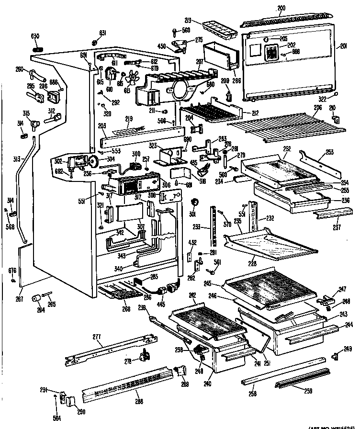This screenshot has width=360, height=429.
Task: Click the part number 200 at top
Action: coord(281,8)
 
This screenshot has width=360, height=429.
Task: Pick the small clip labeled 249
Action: coord(335,356)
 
